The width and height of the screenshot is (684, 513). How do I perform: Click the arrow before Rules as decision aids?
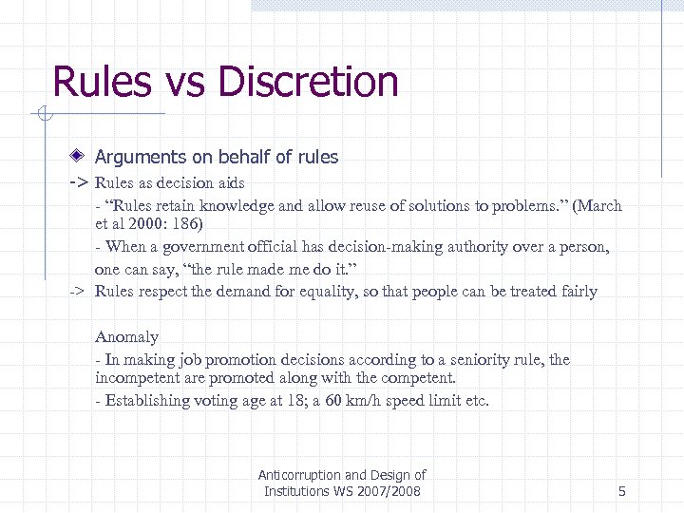pos(79,181)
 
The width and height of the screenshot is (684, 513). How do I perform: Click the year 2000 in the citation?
pos(142,224)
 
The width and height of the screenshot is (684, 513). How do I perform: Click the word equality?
pos(380,291)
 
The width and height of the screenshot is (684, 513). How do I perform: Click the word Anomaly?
pos(126,336)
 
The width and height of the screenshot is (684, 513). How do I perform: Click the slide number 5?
pos(621,491)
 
